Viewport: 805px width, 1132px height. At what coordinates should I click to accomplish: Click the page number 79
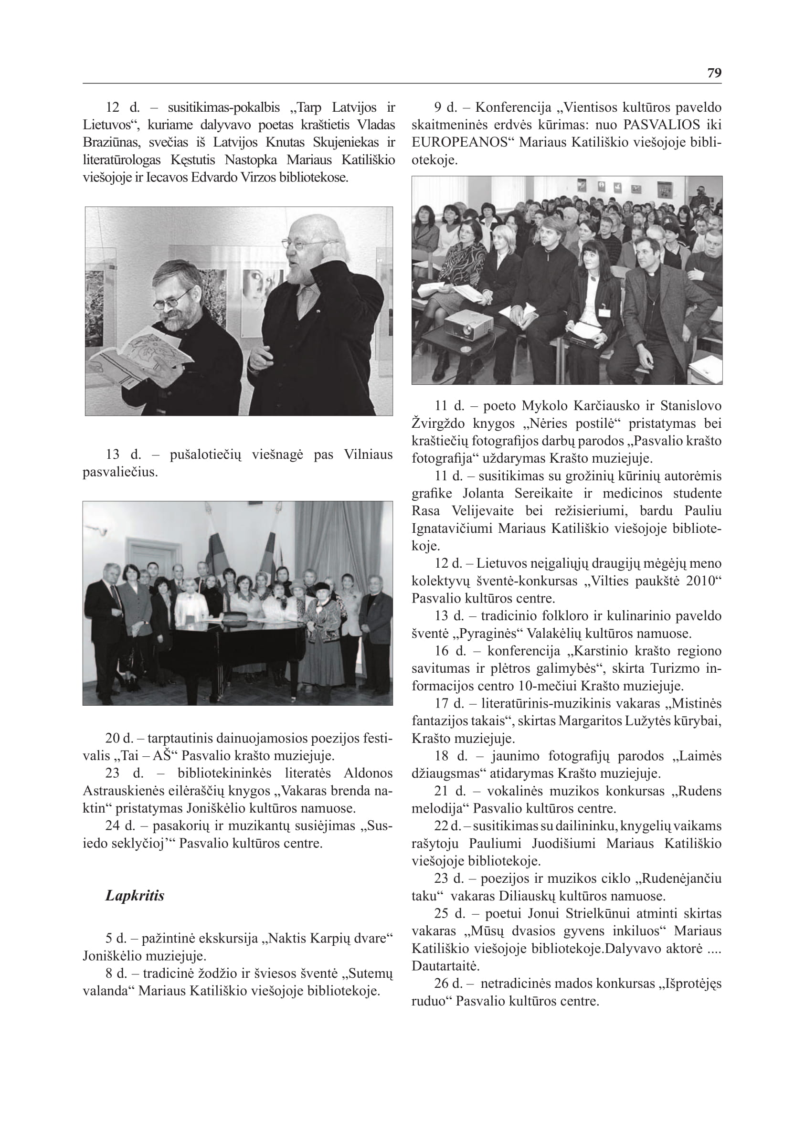(714, 73)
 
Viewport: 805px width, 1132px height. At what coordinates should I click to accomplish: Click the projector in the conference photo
(467, 325)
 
